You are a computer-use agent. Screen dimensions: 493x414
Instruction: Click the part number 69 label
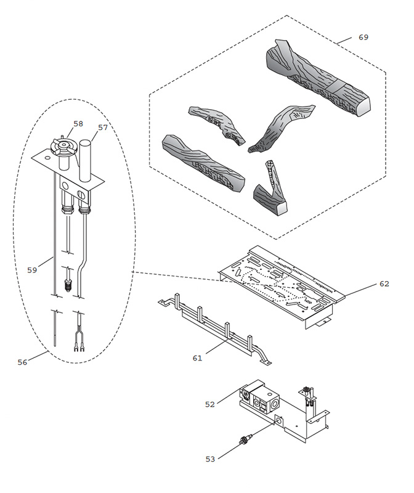363,38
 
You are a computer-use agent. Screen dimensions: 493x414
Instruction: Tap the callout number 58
78,124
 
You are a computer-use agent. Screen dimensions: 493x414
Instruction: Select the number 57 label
103,128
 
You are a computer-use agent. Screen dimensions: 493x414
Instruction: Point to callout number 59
32,269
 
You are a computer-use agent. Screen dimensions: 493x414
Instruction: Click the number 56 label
22,362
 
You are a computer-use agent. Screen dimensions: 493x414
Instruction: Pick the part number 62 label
384,284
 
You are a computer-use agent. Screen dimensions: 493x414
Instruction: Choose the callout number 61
197,357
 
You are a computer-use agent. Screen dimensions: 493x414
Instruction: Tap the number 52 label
210,404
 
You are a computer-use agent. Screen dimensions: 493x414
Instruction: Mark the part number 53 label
210,458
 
